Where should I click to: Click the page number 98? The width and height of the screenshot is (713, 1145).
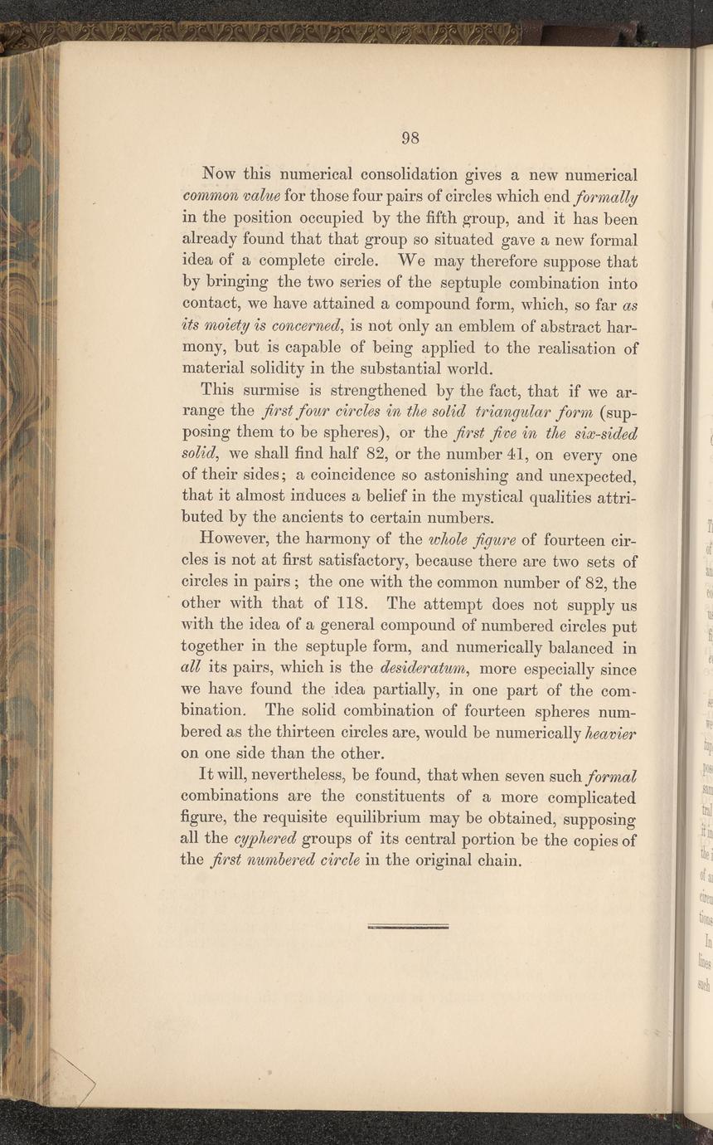(x=411, y=138)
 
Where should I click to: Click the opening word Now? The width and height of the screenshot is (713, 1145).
(x=220, y=176)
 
